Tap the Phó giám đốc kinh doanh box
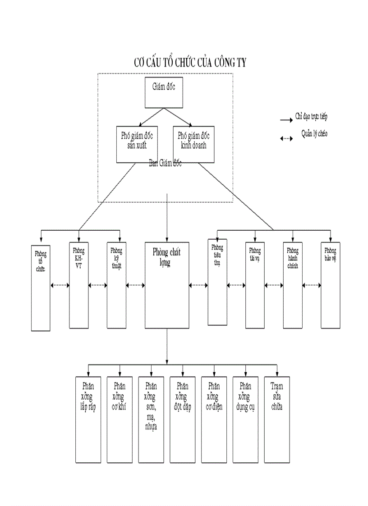coord(193,144)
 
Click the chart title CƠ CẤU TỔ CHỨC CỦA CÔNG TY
coord(191,63)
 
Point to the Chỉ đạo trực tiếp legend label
coord(311,117)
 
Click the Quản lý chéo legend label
coord(314,134)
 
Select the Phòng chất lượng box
coord(166,285)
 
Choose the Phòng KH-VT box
coord(78,285)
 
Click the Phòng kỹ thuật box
coord(116,285)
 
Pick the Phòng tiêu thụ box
coord(217,282)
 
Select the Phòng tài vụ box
coord(255,285)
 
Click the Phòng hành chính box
coord(293,285)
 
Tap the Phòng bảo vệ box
coord(331,285)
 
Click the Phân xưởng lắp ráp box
coord(88,419)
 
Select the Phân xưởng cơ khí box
coord(120,419)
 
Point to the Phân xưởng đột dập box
coord(183,419)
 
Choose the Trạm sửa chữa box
coord(277,419)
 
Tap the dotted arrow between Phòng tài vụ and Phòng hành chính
coord(274,285)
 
